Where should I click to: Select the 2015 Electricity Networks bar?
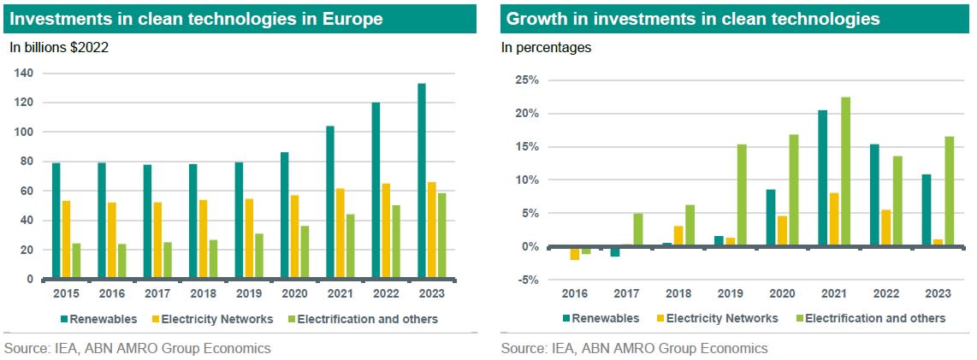[x=65, y=240]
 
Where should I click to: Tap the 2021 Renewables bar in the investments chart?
[x=329, y=203]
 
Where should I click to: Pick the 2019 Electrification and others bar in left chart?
[x=259, y=257]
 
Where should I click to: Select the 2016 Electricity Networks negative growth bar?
[x=575, y=253]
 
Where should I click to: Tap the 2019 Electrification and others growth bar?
[x=742, y=196]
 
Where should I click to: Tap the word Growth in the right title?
[x=532, y=18]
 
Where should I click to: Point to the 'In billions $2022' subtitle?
[x=59, y=48]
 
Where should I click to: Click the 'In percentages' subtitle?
[x=546, y=48]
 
